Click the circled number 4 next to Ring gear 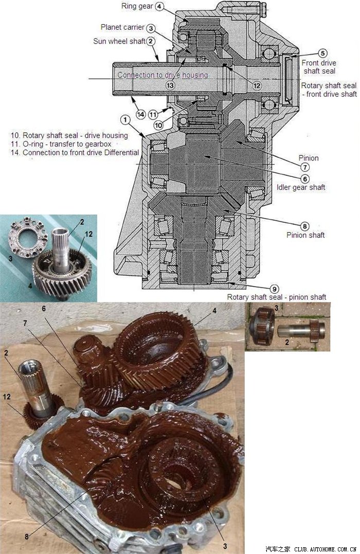pos(159,6)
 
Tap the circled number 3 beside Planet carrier pos(151,28)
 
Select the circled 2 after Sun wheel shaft pos(151,41)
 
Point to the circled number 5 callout pos(322,53)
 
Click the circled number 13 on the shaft pos(170,85)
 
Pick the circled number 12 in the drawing pos(257,85)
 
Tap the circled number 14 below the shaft pos(140,114)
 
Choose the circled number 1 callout pos(125,120)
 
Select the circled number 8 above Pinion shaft pos(304,226)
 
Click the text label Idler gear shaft pos(301,187)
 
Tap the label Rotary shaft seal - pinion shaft pos(276,297)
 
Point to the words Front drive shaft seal pos(319,67)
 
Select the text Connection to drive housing pos(163,75)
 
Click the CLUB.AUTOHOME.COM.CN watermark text pos(325,549)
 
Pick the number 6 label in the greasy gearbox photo pos(44,309)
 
